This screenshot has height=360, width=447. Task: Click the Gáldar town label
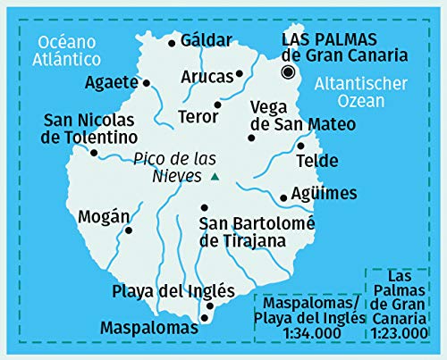pos(206,40)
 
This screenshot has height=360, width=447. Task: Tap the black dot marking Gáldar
pos(172,41)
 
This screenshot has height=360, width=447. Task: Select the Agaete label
pos(111,83)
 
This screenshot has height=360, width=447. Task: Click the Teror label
pos(198,116)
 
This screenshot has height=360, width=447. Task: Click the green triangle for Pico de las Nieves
pos(215,177)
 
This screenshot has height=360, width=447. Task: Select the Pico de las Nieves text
pos(173,167)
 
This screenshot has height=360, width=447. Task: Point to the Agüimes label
pos(325,194)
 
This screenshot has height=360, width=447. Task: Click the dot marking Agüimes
pos(283,197)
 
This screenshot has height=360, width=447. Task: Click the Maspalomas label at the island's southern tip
pos(149,328)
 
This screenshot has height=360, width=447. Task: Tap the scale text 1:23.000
pos(402,332)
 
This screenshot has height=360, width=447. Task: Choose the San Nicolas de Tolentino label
pos(90,129)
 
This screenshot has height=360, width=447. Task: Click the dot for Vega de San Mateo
pos(251,137)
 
